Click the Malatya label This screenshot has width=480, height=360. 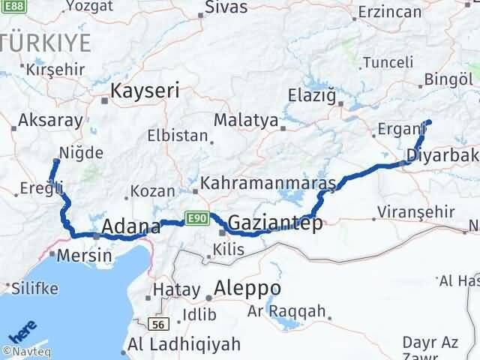coord(245,120)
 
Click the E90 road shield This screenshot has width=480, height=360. coord(196,218)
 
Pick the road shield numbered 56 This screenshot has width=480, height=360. coord(157,324)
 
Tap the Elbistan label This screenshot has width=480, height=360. coord(177,137)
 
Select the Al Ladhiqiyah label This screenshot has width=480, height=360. coord(184,344)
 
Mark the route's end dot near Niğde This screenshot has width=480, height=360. coord(56,160)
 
